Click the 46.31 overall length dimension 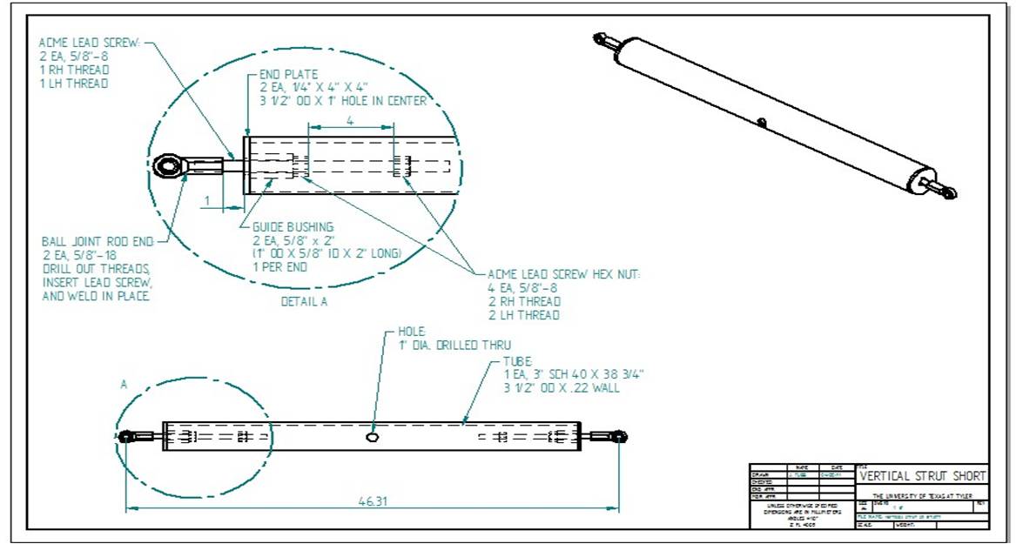pos(373,502)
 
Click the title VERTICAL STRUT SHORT pos(923,476)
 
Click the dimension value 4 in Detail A pos(350,123)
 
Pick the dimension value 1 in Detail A pos(207,200)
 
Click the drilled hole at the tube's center pos(373,436)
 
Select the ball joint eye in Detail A pos(166,165)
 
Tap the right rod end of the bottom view pos(620,435)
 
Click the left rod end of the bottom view pos(126,435)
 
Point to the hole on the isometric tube pos(763,123)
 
